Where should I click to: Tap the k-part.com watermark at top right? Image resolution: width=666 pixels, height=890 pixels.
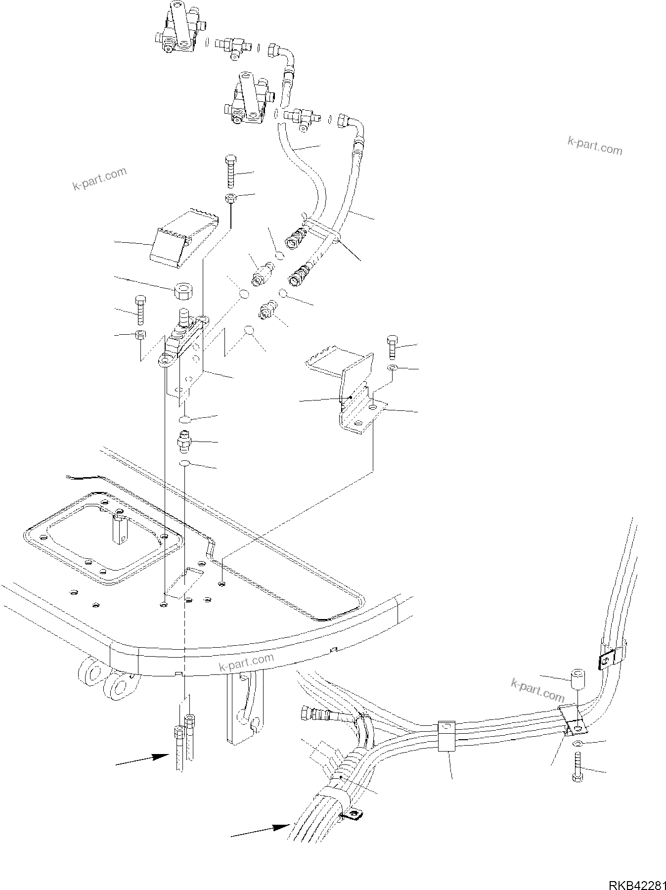tap(595, 146)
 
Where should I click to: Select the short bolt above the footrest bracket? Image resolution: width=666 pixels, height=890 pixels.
tap(392, 348)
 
